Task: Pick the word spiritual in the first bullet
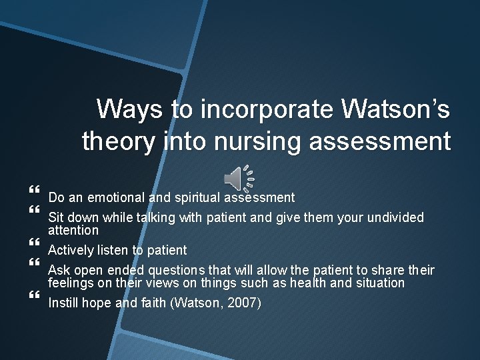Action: tap(197, 197)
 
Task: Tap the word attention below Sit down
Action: tap(73, 231)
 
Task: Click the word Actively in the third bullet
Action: tap(71, 251)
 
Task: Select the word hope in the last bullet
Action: tap(97, 303)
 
